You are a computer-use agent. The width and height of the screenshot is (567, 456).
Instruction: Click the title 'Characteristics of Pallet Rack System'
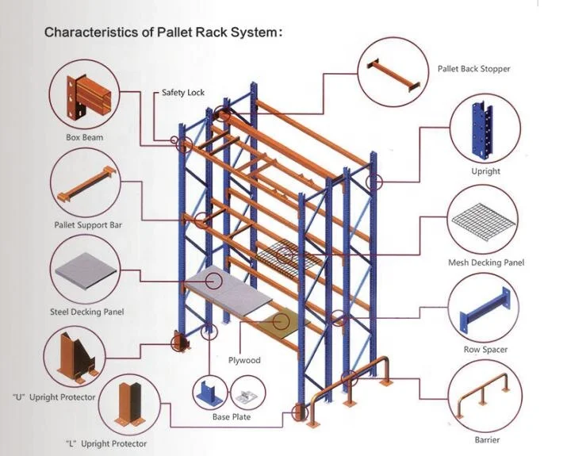point(163,33)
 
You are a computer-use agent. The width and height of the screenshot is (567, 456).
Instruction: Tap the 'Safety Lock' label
point(183,93)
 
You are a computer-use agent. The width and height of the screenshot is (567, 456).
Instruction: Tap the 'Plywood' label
point(245,360)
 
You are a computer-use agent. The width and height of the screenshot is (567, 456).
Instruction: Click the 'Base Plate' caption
point(231,417)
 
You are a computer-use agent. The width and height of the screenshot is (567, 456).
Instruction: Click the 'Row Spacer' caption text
point(485,350)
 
